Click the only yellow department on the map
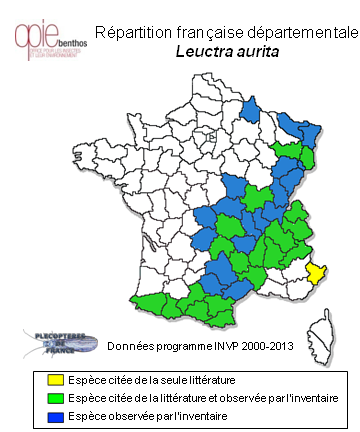315,271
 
